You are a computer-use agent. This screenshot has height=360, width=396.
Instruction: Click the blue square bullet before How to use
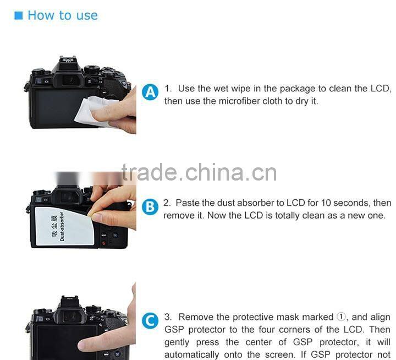click(x=18, y=15)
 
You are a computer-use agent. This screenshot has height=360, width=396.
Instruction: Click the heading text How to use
click(x=62, y=15)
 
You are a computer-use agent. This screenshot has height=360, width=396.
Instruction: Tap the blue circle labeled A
click(x=150, y=92)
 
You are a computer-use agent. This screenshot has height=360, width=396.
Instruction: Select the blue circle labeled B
click(x=150, y=207)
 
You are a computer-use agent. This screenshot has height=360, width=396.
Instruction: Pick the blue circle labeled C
click(x=150, y=321)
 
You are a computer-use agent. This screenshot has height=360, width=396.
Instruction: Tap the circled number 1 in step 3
click(x=341, y=317)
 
